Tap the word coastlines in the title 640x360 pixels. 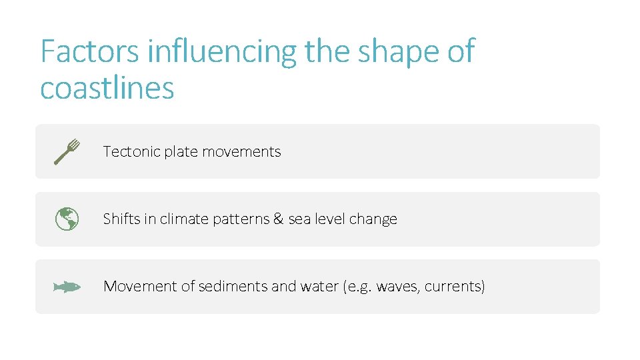click(107, 88)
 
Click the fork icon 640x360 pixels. click(67, 151)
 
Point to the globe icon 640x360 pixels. click(67, 219)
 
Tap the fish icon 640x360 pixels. click(67, 287)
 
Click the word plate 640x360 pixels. click(181, 152)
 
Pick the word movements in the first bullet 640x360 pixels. click(241, 152)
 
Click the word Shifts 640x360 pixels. click(121, 219)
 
